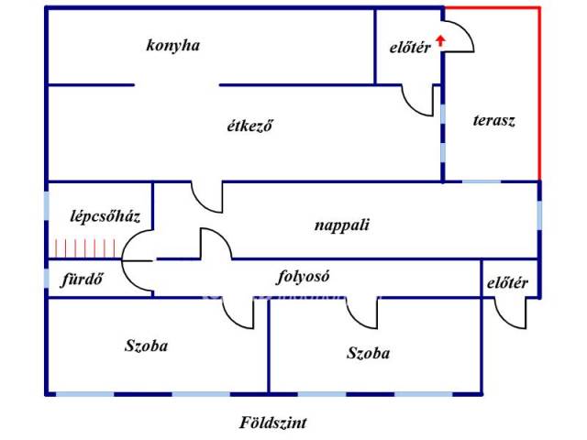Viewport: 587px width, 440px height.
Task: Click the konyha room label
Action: pos(172,45)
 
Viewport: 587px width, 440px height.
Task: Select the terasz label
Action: pos(493,120)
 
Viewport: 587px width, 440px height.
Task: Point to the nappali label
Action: pos(341,224)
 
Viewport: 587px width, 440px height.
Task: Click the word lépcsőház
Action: pos(105,217)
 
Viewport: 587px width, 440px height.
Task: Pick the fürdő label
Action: pos(83,279)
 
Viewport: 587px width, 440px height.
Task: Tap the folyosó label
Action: pos(304,276)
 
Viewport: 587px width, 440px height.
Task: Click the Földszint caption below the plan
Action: pos(272,423)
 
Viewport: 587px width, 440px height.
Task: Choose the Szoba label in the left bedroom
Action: pos(147,346)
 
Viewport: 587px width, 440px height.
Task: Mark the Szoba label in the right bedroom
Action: pos(369,353)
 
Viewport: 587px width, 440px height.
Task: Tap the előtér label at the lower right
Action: pos(506,282)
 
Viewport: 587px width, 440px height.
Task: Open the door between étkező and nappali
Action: pos(207,196)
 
